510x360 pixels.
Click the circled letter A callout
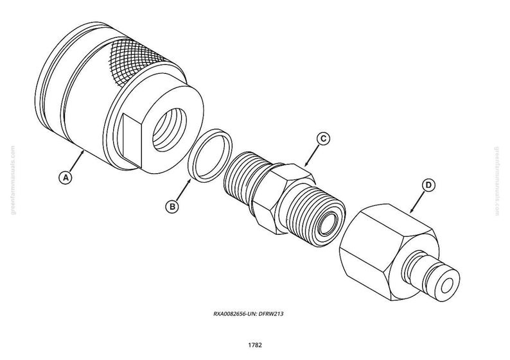(x=66, y=178)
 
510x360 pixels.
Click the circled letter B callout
(x=171, y=207)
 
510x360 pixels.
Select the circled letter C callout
(x=323, y=139)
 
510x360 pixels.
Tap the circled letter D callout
(x=428, y=185)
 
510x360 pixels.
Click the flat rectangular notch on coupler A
(x=132, y=141)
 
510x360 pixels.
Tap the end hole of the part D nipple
(x=447, y=286)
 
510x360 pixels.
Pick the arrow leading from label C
(x=312, y=155)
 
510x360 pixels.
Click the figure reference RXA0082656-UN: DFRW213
(x=248, y=314)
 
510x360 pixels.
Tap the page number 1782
(x=255, y=345)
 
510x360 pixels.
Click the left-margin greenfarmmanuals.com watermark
(x=13, y=180)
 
